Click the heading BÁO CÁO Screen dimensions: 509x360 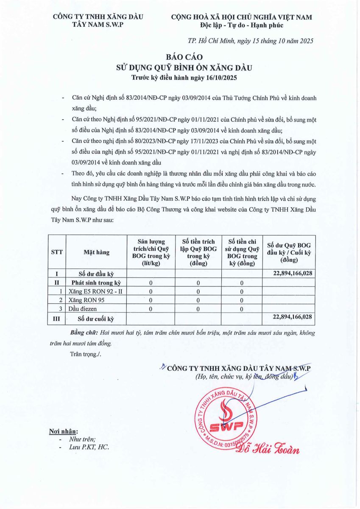coord(180,56)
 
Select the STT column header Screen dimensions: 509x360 coord(57,252)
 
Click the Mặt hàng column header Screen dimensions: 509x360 coord(96,252)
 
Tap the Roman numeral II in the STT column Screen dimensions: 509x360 coord(57,282)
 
